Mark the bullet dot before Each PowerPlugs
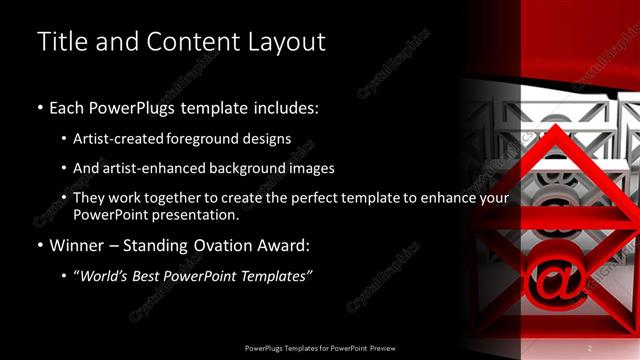pyautogui.click(x=39, y=107)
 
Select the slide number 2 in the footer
pyautogui.click(x=589, y=348)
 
